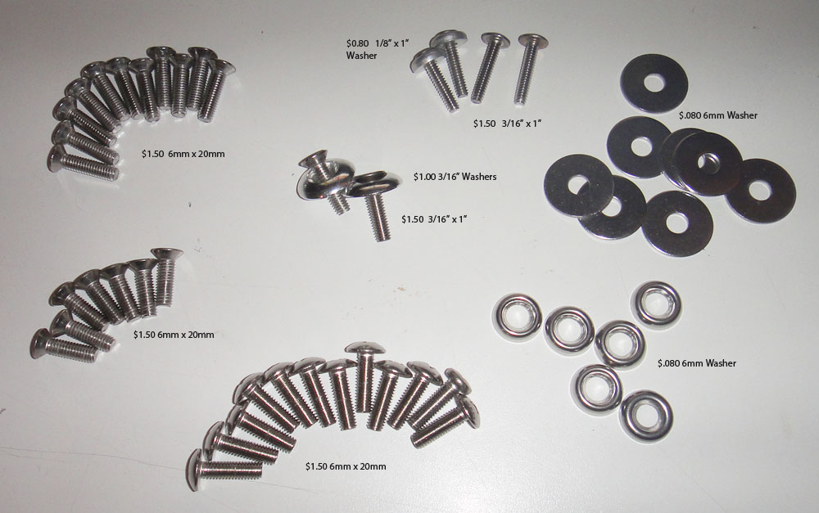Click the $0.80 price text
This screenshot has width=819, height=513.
coord(357,43)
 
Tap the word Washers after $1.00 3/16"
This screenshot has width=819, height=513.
coord(479,177)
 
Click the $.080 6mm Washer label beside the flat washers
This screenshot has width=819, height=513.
coord(717,115)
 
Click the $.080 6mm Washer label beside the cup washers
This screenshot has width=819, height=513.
coord(697,363)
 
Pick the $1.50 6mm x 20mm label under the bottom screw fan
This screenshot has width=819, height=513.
coord(346,466)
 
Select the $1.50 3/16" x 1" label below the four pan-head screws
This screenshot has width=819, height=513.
coord(507,124)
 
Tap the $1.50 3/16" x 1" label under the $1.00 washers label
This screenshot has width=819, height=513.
coord(434,220)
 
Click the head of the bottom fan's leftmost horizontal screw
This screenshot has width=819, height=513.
coord(196,470)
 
